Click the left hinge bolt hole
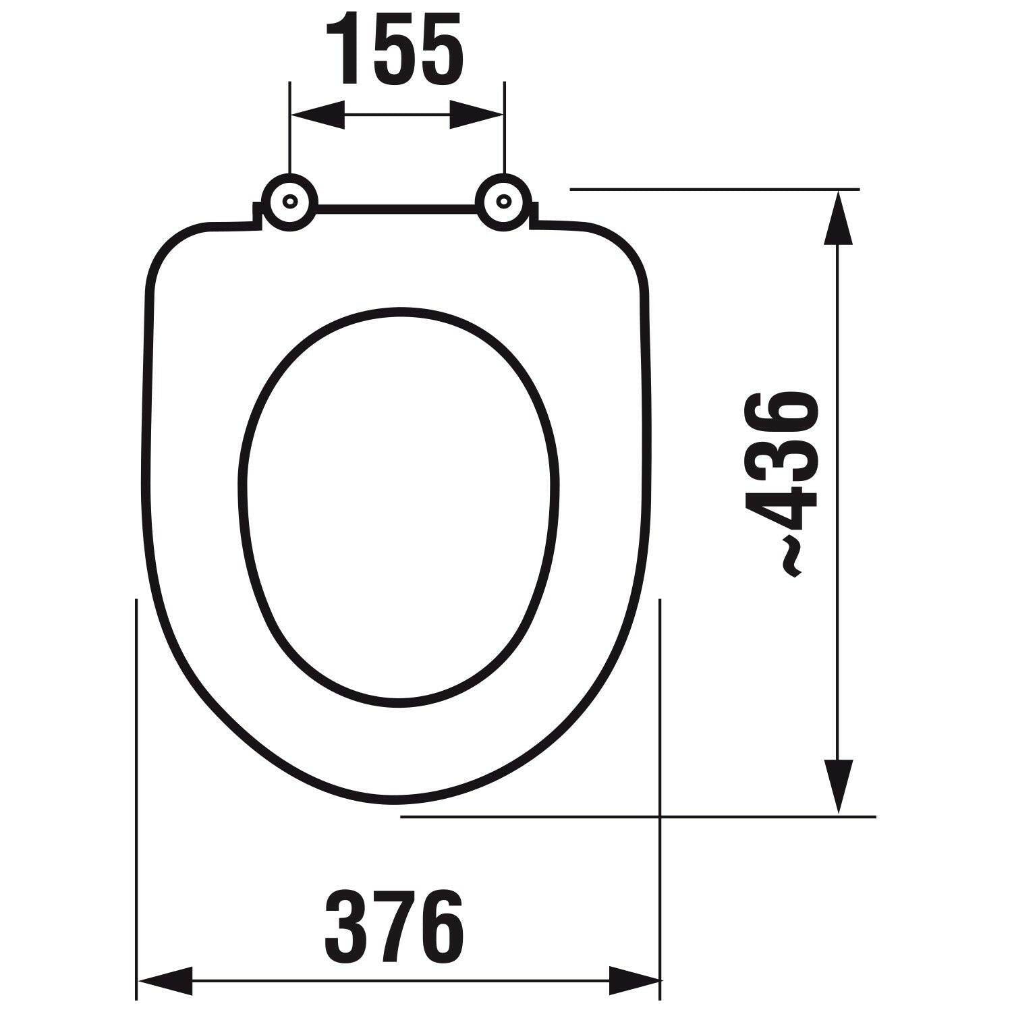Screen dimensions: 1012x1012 point(290,202)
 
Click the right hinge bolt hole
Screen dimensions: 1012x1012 point(503,201)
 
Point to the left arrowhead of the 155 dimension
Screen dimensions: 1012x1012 point(317,115)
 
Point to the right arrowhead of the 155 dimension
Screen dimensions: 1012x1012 point(476,115)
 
